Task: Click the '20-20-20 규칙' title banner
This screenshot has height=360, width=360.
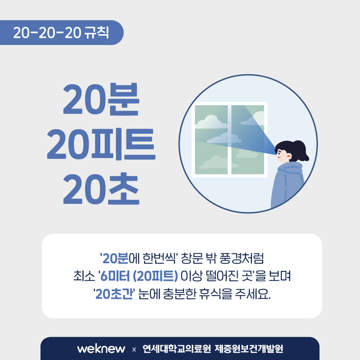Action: click(62, 32)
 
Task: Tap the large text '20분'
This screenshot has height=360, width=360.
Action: click(101, 99)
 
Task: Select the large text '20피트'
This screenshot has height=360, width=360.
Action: click(101, 144)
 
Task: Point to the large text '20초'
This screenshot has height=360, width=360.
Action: click(101, 189)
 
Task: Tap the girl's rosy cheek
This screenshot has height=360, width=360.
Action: click(288, 156)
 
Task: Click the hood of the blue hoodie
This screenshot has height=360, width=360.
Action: click(290, 168)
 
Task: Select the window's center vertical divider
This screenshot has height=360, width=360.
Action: click(229, 139)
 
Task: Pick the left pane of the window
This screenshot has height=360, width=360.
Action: click(211, 139)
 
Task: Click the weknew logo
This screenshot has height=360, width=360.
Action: click(101, 349)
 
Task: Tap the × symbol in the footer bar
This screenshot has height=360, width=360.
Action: click(134, 350)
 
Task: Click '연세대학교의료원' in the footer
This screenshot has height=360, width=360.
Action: click(176, 349)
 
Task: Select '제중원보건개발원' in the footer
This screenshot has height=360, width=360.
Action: click(249, 349)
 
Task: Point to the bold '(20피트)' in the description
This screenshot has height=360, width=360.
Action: click(155, 276)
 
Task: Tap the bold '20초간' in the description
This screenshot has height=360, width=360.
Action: click(114, 294)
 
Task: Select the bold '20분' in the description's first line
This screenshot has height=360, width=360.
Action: click(115, 258)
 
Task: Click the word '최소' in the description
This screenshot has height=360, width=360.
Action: click(84, 276)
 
